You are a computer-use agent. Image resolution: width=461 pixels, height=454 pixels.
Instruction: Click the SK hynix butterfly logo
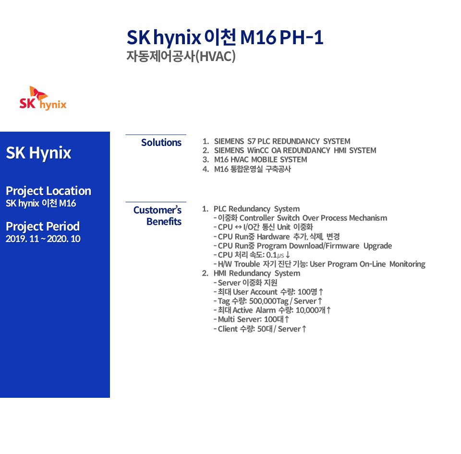43,98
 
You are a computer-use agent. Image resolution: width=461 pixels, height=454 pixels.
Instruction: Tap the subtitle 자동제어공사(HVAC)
181,56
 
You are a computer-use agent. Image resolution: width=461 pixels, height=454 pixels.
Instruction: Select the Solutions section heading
161,142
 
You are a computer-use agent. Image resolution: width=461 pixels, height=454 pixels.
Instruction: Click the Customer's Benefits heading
158,216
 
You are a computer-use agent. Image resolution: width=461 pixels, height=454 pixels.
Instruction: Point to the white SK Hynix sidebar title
38,153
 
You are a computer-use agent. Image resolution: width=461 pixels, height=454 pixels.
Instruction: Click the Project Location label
49,191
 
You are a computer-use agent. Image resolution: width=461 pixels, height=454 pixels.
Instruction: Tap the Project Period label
43,226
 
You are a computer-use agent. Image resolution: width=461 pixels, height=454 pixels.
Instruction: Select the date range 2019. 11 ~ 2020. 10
43,239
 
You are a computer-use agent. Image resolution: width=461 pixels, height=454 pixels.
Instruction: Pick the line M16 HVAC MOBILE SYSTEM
260,160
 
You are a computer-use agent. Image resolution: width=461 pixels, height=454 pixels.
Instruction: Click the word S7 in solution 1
251,141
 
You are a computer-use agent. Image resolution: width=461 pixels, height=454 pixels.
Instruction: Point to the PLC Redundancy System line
256,209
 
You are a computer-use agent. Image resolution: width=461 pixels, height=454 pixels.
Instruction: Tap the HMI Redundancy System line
257,273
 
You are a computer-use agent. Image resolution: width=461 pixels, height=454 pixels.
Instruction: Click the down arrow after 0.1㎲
288,255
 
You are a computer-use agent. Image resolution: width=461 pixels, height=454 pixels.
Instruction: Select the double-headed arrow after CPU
239,227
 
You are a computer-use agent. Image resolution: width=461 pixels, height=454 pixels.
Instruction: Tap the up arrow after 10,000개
328,310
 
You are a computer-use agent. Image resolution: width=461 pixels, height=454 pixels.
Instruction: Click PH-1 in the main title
302,37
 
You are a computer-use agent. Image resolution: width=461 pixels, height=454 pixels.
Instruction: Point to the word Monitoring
407,264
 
